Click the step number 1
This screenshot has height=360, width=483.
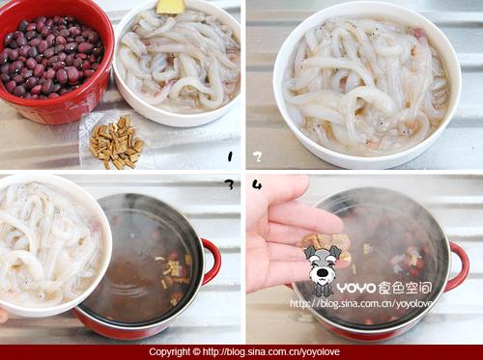[x=229, y=155]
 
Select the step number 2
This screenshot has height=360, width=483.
[x=257, y=155]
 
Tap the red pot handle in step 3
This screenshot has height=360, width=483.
[x=210, y=262]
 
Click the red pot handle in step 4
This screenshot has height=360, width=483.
[x=458, y=265]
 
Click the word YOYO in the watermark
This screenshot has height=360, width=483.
[x=362, y=287]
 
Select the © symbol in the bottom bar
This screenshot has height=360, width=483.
[x=198, y=352]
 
